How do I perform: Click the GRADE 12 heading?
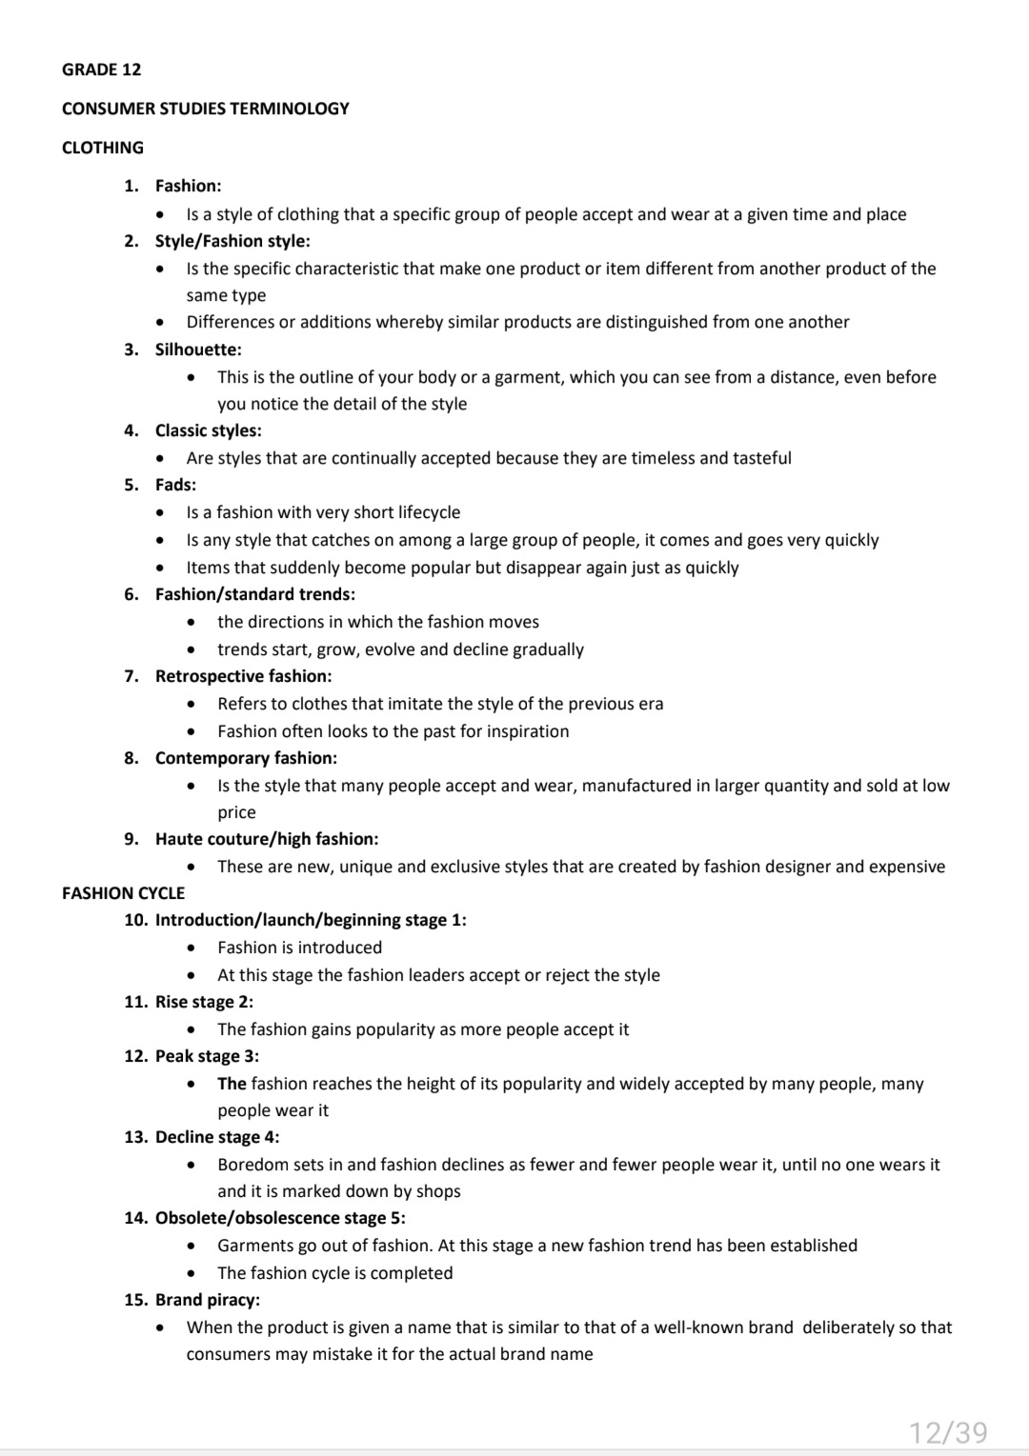(101, 70)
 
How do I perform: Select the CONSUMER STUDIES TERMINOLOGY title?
(205, 109)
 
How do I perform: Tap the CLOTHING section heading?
(102, 148)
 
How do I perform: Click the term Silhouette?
(198, 349)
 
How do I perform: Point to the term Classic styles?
(208, 430)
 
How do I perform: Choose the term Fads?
(175, 485)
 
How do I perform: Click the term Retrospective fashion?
(243, 676)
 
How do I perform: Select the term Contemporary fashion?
(246, 758)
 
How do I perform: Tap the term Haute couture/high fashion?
(266, 839)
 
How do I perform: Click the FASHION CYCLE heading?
(123, 893)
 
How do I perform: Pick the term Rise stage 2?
(204, 1002)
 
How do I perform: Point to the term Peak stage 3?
(207, 1056)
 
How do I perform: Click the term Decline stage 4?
(217, 1137)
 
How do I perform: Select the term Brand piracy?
(207, 1300)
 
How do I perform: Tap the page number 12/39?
(948, 1432)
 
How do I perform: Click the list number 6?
(131, 594)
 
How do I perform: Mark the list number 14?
(135, 1218)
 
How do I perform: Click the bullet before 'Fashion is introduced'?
(192, 947)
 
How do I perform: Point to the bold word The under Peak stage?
(232, 1084)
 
